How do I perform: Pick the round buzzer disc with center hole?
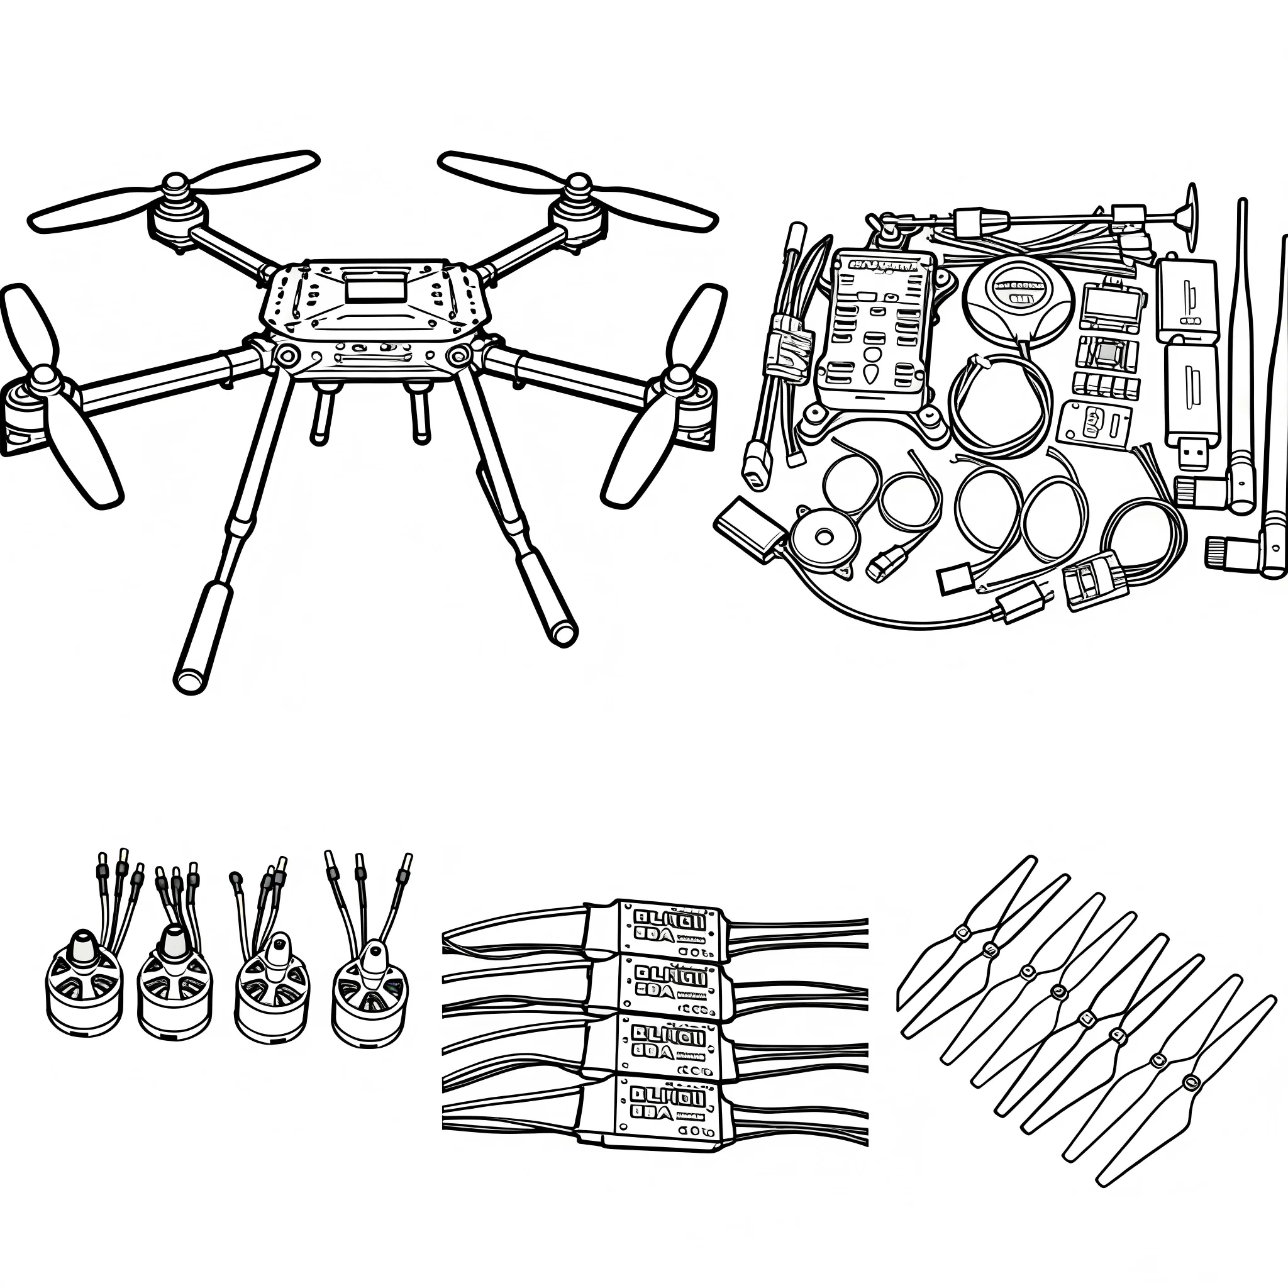coord(824,536)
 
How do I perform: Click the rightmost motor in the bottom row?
coord(369,993)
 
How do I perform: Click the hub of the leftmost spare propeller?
coord(962,933)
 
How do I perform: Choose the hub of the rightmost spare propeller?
coord(1190,1081)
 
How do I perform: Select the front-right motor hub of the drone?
coord(678,378)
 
